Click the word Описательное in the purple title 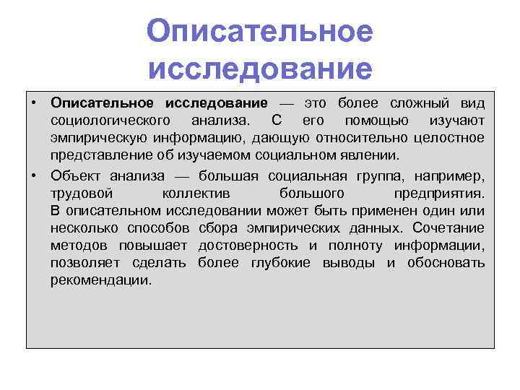click(259, 32)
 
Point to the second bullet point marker click(35, 175)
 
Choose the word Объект click(77, 175)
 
